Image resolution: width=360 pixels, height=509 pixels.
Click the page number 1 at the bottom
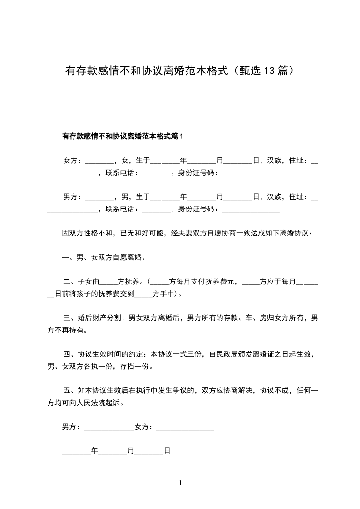[180, 483]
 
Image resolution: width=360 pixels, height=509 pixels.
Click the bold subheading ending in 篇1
[122, 136]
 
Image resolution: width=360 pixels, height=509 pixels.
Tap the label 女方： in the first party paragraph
[73, 160]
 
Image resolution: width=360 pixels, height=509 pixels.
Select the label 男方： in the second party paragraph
[73, 197]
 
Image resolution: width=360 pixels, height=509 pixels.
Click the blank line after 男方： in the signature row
[109, 427]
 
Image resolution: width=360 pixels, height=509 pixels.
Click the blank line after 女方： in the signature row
[185, 427]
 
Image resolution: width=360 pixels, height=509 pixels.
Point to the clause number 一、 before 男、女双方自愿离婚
[69, 258]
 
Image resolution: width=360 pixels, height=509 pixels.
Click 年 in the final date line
[94, 451]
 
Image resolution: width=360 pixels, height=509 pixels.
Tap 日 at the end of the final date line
[167, 451]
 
